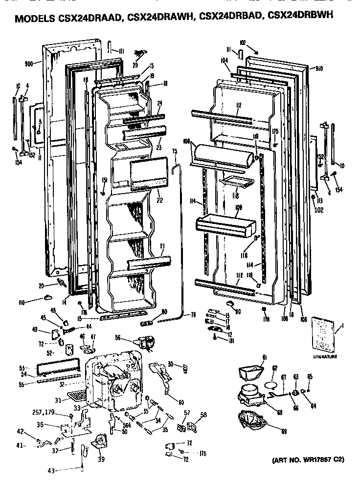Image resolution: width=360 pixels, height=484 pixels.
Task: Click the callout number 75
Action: click(x=174, y=152)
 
